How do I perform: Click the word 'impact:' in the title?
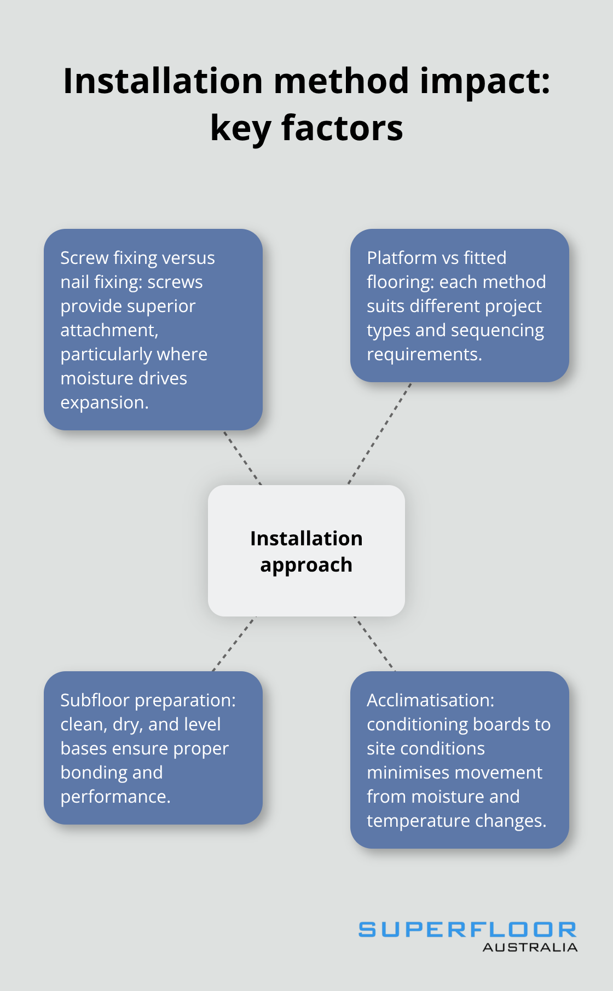485,81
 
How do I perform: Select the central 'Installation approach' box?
307,551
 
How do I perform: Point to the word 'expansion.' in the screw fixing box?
105,402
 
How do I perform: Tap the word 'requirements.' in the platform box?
424,354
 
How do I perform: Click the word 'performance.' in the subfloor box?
115,797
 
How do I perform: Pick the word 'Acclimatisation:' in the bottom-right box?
431,700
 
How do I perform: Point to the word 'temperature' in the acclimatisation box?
410,821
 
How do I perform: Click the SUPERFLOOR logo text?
467,929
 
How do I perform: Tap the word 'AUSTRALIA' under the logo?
530,948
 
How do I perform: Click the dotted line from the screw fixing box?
242,458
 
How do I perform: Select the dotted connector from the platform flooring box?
379,434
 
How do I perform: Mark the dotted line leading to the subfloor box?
234,644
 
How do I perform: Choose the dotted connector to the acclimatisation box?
374,644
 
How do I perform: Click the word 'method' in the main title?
341,81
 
